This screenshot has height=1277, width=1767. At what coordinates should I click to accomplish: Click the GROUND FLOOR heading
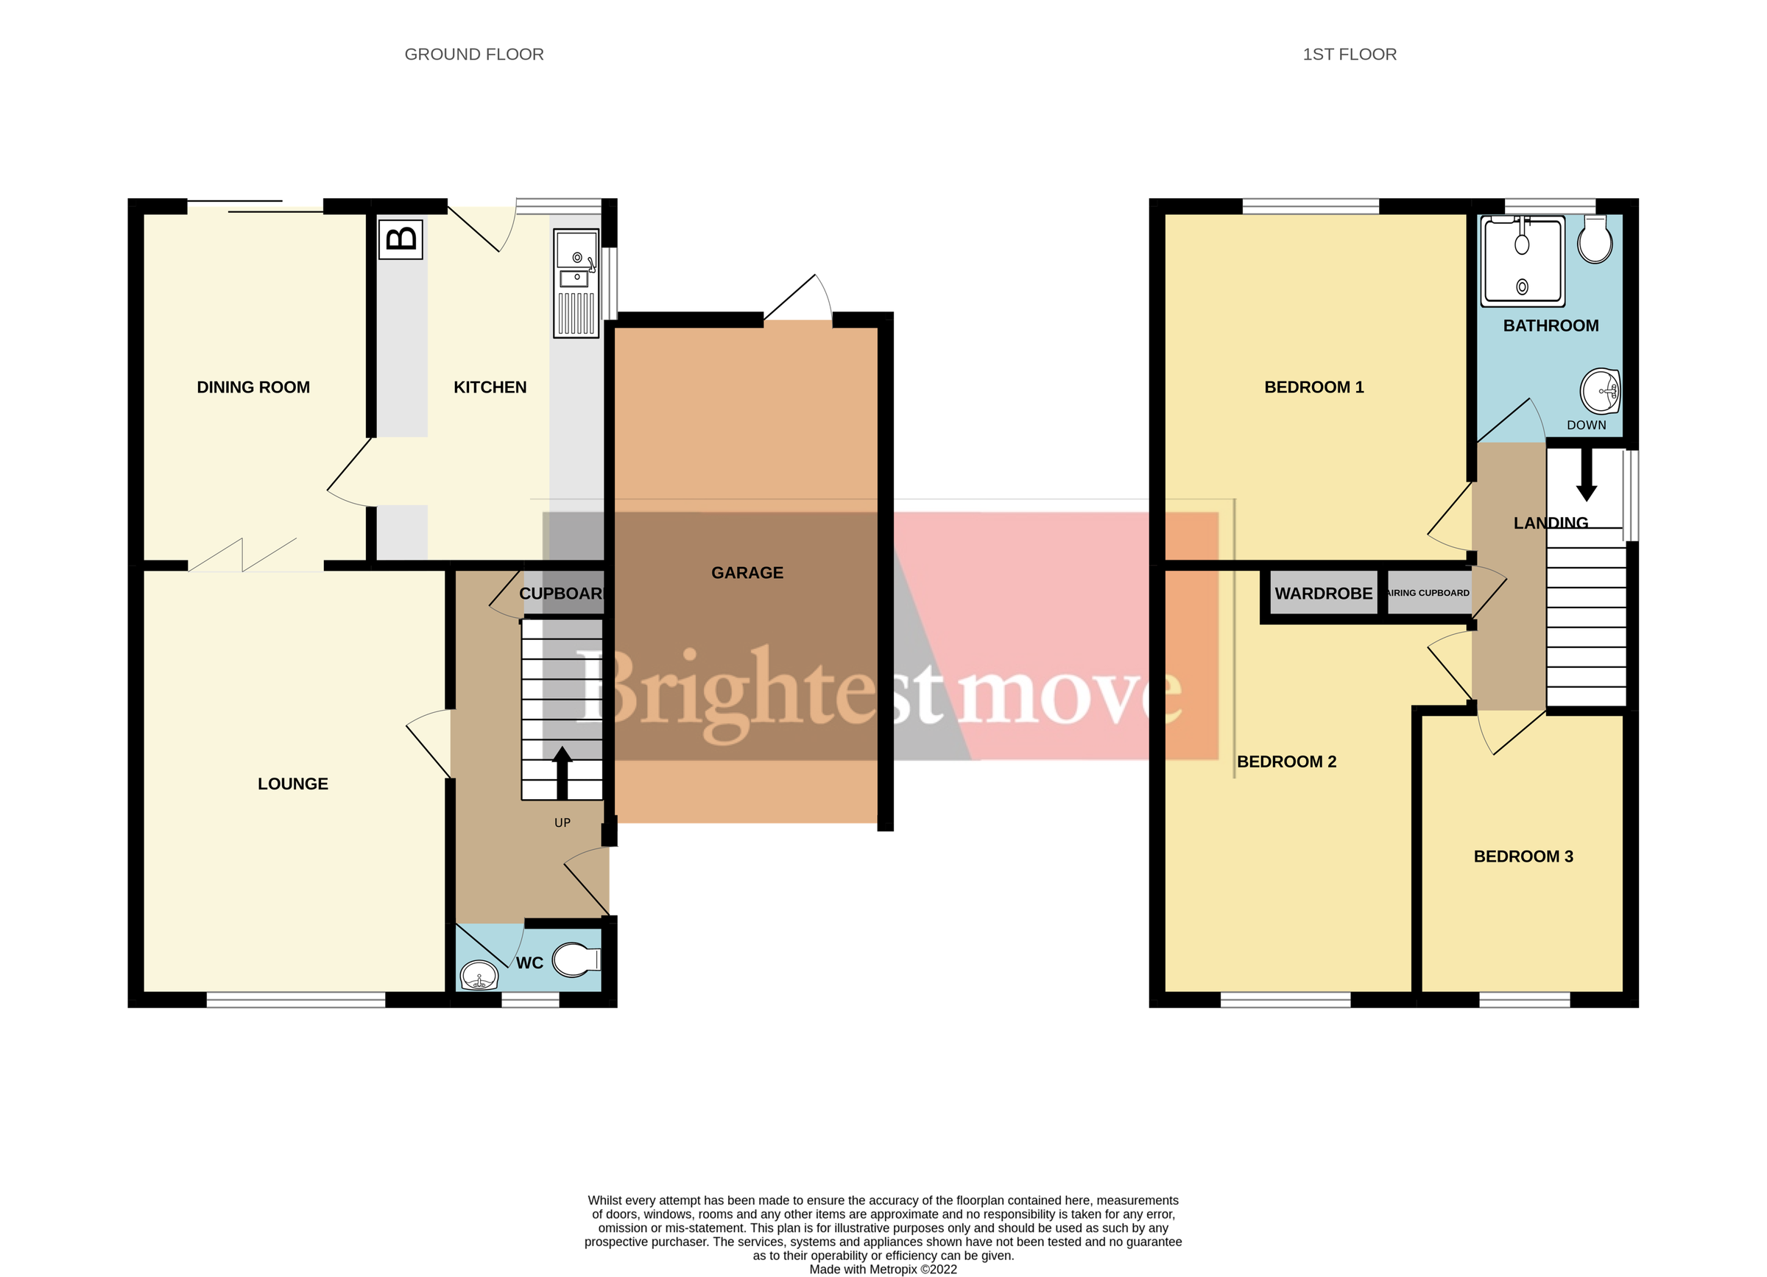click(x=473, y=54)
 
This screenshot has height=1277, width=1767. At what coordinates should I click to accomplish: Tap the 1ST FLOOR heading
click(x=1350, y=54)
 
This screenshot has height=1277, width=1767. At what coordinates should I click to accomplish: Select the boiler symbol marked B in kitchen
click(x=401, y=239)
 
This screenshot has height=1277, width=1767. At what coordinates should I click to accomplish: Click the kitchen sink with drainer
click(x=576, y=284)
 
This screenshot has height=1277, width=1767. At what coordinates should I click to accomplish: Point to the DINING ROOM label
click(x=253, y=387)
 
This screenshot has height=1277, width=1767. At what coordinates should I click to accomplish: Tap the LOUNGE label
click(x=293, y=784)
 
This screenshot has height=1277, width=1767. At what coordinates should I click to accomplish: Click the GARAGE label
click(x=747, y=573)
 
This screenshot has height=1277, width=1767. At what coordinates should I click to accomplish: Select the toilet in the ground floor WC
click(x=576, y=960)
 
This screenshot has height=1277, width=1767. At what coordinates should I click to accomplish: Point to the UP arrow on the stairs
click(x=562, y=771)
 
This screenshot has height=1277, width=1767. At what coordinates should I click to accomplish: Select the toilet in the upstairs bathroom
click(x=1595, y=240)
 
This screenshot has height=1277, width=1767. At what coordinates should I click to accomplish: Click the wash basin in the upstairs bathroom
click(x=1599, y=391)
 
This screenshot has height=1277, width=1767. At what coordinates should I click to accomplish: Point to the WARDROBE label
click(x=1323, y=594)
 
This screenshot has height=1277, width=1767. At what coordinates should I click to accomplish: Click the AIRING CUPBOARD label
click(x=1428, y=593)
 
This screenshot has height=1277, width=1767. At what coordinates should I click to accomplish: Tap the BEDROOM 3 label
click(x=1523, y=857)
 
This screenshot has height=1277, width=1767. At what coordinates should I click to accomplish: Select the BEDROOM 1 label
click(x=1313, y=387)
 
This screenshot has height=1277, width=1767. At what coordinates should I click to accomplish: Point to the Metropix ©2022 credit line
click(x=883, y=1269)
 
